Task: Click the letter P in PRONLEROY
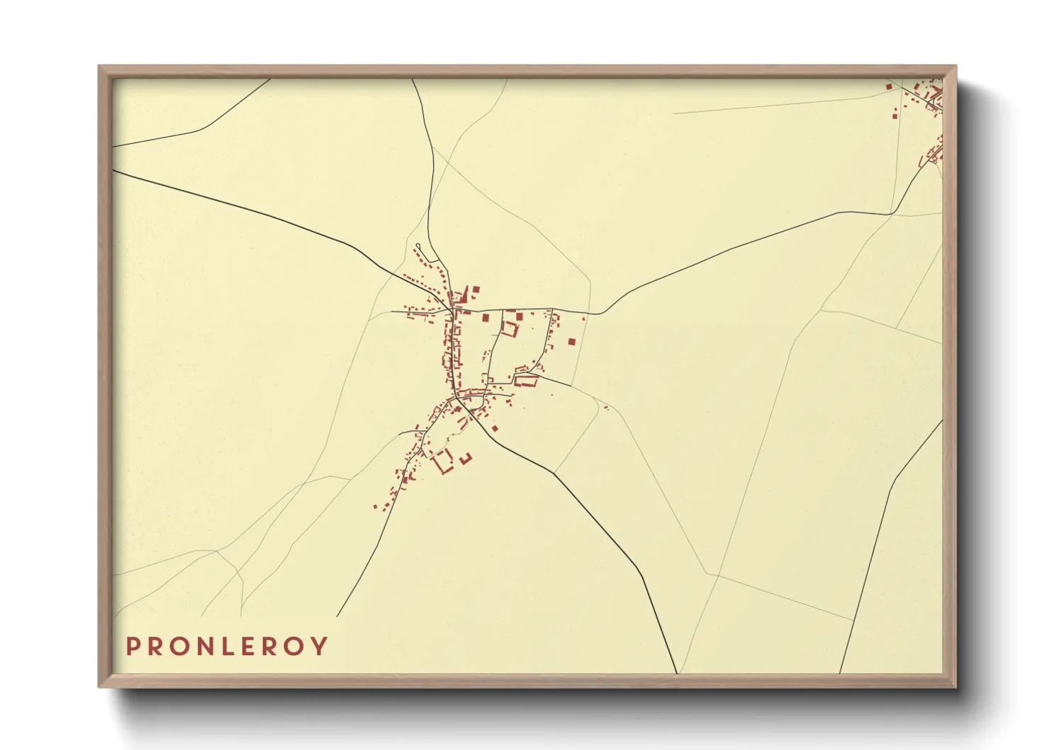(x=133, y=646)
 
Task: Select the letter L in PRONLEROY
(x=228, y=646)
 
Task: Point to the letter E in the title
(x=249, y=646)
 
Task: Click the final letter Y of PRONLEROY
(x=320, y=646)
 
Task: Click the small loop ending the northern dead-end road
(x=417, y=247)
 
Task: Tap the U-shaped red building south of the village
(x=466, y=459)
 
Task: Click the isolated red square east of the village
(x=571, y=342)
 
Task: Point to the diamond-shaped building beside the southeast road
(x=495, y=427)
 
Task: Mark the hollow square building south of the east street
(x=510, y=328)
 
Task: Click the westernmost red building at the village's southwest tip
(x=376, y=506)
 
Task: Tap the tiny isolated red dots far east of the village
(x=606, y=408)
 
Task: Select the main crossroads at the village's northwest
(x=451, y=310)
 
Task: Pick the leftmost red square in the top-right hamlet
(x=889, y=86)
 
